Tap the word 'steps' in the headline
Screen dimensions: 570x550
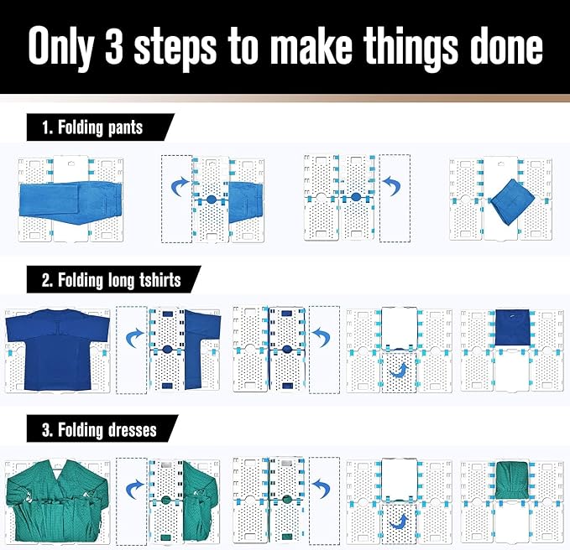click(x=176, y=49)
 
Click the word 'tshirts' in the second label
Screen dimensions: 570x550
click(x=160, y=280)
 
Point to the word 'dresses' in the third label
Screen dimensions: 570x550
click(x=133, y=430)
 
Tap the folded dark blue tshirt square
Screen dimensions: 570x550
click(x=512, y=328)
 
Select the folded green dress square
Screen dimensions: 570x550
click(x=512, y=480)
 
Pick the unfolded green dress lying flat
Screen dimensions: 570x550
click(x=57, y=501)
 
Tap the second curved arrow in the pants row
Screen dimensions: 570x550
click(x=394, y=185)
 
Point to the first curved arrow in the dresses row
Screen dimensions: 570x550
click(x=135, y=489)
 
